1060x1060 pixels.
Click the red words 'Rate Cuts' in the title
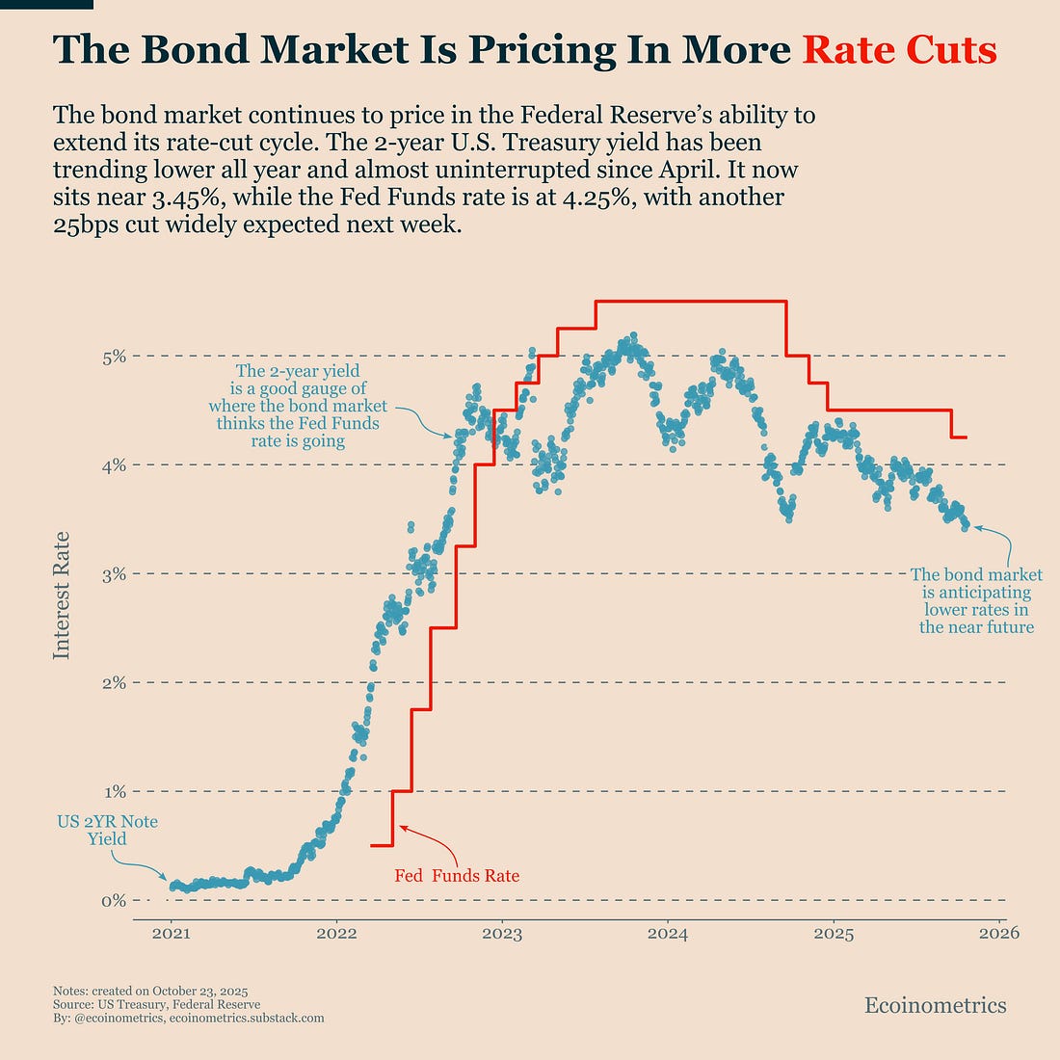(x=899, y=50)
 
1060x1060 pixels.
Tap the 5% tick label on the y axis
(x=114, y=357)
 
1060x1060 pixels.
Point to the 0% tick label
(x=114, y=901)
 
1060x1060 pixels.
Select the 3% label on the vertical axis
(x=114, y=574)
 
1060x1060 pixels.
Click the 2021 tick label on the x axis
(x=171, y=933)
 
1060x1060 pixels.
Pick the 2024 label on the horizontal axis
(x=667, y=933)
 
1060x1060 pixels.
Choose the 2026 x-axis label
(x=998, y=933)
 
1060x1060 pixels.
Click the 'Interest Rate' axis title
(x=62, y=595)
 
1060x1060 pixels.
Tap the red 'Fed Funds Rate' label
(x=457, y=876)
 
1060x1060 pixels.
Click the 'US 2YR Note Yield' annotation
(x=107, y=830)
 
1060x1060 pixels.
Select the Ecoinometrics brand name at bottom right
(x=935, y=1006)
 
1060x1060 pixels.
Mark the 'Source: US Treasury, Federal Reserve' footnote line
(x=157, y=1004)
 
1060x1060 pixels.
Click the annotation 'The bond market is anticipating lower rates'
(x=976, y=601)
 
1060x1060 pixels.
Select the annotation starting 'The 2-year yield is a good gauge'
(x=298, y=406)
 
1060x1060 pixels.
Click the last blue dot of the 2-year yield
(x=966, y=525)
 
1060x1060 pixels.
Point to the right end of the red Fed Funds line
(x=967, y=437)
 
